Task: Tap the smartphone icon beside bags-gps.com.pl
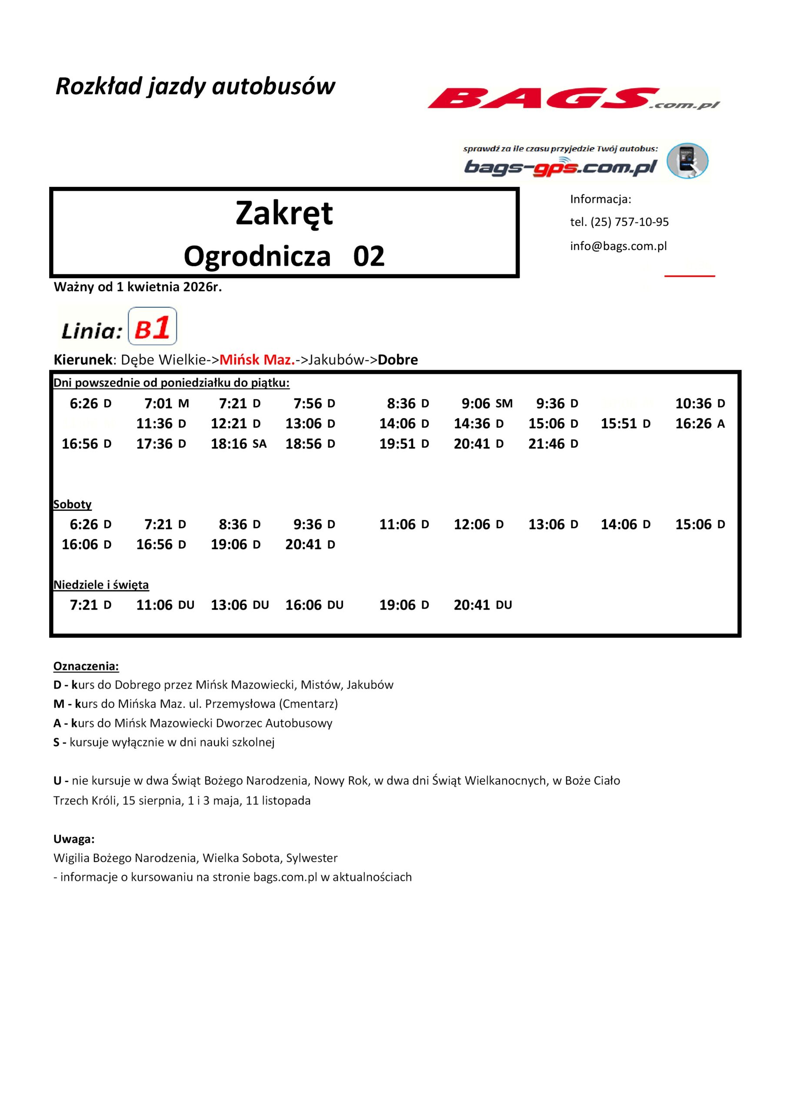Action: point(687,160)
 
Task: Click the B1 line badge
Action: point(152,326)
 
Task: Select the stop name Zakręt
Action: point(284,213)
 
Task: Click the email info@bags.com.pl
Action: point(618,246)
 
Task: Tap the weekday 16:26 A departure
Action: point(700,423)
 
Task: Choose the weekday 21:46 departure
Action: point(553,443)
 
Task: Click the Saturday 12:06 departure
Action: point(478,524)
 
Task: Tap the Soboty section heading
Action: point(72,504)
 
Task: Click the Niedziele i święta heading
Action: point(101,585)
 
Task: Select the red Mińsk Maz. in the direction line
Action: point(257,360)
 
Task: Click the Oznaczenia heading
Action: point(86,666)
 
